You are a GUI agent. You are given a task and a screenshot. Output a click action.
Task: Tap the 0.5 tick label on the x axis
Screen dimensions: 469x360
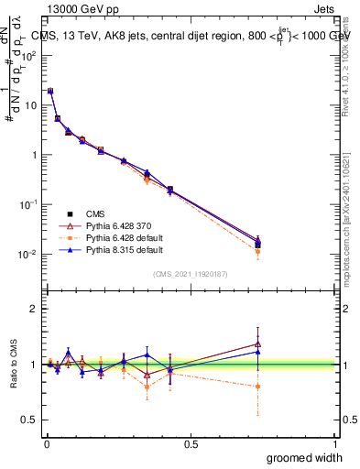click(191, 444)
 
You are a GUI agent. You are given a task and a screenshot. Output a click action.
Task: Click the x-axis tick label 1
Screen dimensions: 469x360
click(336, 444)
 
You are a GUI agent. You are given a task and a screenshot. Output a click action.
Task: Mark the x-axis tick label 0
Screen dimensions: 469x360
click(47, 444)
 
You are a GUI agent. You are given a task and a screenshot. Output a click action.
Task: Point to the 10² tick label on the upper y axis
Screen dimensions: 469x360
click(27, 55)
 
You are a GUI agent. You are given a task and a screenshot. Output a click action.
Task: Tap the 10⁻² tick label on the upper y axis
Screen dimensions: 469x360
click(27, 254)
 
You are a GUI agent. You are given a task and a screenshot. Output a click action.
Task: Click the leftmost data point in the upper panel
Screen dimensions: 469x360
click(50, 91)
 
